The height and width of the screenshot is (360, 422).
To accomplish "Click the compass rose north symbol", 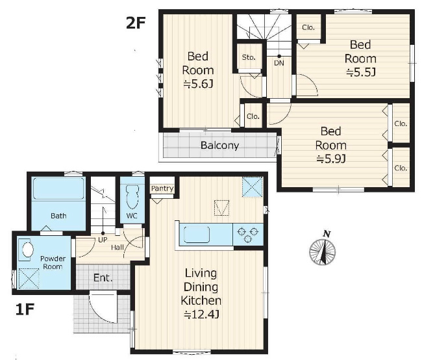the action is pyautogui.click(x=323, y=250).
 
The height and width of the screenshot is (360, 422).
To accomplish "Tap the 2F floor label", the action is pyautogui.click(x=136, y=23).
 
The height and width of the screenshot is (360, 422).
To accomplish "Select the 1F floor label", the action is pyautogui.click(x=25, y=309).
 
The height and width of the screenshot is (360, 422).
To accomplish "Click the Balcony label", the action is pyautogui.click(x=219, y=146).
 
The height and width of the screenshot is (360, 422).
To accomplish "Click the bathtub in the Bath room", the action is pyautogui.click(x=58, y=188).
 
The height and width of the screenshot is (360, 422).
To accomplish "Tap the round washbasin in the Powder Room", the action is pyautogui.click(x=27, y=250).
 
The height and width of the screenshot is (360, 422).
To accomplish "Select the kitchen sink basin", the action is pyautogui.click(x=197, y=235).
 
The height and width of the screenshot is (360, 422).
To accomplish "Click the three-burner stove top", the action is pyautogui.click(x=248, y=235).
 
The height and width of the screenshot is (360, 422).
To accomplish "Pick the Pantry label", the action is pyautogui.click(x=162, y=188).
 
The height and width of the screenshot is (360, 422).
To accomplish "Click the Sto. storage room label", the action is pyautogui.click(x=249, y=57).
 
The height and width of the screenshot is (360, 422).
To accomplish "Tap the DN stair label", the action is pyautogui.click(x=279, y=63).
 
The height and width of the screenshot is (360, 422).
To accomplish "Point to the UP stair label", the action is pyautogui.click(x=103, y=240).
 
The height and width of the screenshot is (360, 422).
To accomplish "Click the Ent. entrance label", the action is pyautogui.click(x=103, y=278).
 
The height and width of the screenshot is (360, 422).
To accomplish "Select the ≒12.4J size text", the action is pyautogui.click(x=201, y=315).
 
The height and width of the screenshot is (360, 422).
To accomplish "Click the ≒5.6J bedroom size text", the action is pyautogui.click(x=198, y=84).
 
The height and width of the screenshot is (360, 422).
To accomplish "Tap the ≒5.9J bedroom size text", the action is pyautogui.click(x=330, y=159).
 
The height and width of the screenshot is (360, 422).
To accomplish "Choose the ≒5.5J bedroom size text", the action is pyautogui.click(x=360, y=73).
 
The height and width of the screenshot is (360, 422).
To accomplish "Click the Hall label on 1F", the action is pyautogui.click(x=118, y=248).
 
